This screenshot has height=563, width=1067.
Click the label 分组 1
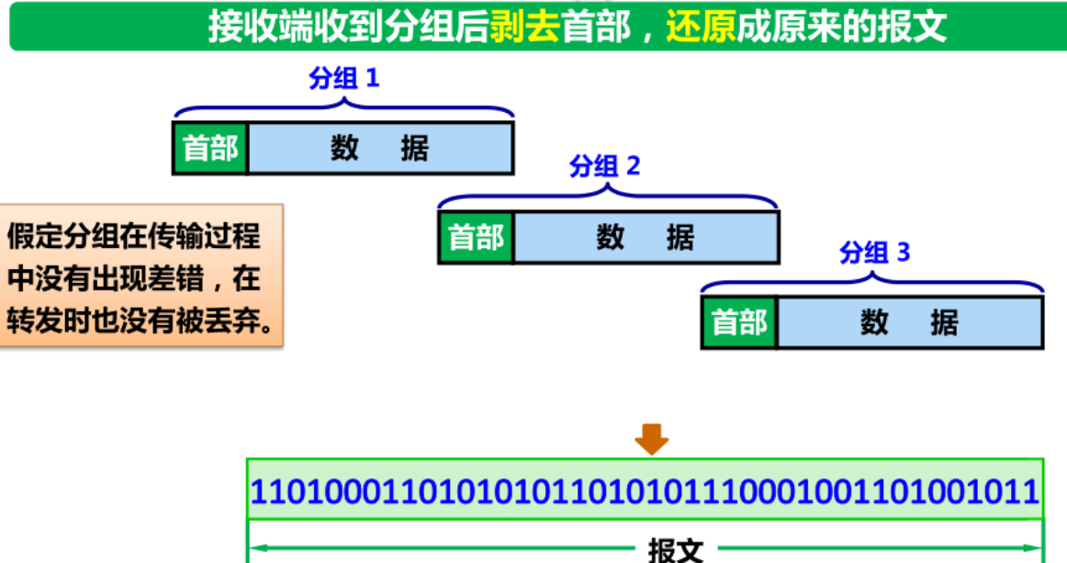(343, 79)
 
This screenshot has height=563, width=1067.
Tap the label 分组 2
(604, 166)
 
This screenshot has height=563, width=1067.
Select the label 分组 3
(874, 252)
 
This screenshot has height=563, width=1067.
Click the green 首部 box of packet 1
(210, 148)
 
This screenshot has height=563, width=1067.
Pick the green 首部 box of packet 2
(476, 238)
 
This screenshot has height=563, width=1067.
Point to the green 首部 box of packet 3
(739, 322)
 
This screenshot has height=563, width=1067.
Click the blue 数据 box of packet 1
(380, 148)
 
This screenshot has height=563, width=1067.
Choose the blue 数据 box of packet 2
(646, 238)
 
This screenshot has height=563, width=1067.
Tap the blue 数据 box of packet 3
(909, 322)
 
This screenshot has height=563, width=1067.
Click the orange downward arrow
(652, 438)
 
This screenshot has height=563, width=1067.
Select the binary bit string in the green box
(645, 491)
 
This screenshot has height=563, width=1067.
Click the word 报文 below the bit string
(676, 549)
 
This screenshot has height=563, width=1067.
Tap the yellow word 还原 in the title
(702, 27)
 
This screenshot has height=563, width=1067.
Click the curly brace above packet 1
(343, 107)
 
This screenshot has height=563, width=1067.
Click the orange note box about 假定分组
(141, 275)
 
